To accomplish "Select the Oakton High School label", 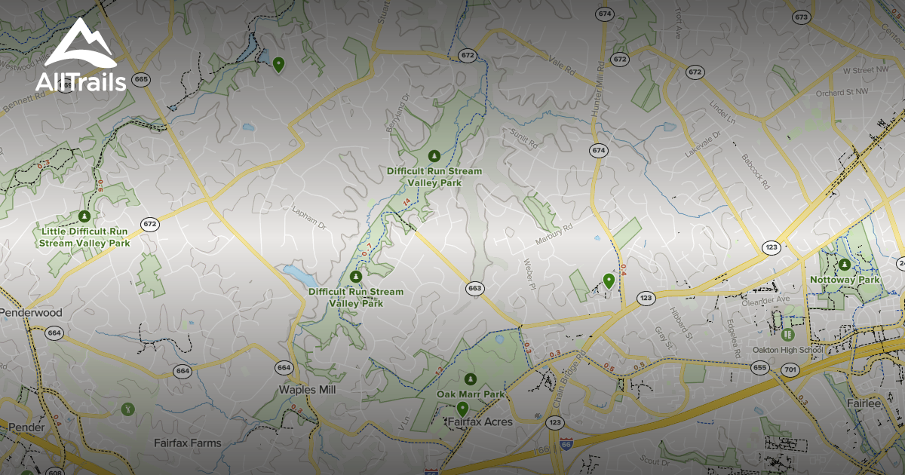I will point(788,350).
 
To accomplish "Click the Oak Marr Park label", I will point(471,394).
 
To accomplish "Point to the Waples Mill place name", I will point(307,390).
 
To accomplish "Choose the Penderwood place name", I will point(31,312).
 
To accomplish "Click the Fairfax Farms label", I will point(188,443).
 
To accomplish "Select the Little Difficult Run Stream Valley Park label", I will point(84,237).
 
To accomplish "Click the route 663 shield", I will point(474,288).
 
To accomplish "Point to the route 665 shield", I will point(140,79).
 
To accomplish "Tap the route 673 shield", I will point(801,17).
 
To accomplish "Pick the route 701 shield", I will point(790,369).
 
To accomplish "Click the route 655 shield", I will point(759,366).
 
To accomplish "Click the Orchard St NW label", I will point(842,93).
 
